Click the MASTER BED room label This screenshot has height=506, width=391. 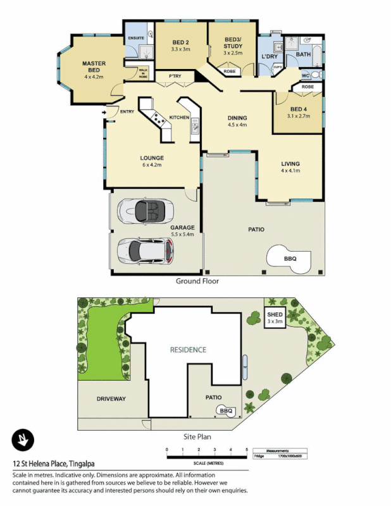[x=94, y=66]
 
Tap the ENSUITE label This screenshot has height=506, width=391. [x=135, y=39]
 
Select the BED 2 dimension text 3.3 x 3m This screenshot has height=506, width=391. [x=180, y=49]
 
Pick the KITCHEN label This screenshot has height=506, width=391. [x=178, y=118]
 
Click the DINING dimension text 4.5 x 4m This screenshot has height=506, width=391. [x=237, y=125]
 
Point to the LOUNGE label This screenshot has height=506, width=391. [x=152, y=157]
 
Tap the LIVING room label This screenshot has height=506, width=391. [x=290, y=164]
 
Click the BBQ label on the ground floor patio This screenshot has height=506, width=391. [x=290, y=259]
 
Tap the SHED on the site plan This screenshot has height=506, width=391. [x=275, y=316]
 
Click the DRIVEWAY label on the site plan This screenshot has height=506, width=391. [x=111, y=399]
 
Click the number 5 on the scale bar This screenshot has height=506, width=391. [x=247, y=448]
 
